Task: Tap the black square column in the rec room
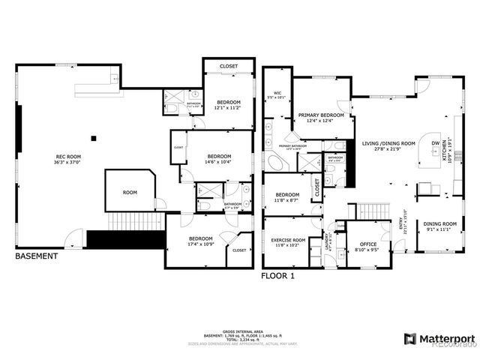[94, 137]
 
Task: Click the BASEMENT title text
[37, 256]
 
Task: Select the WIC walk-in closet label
[277, 94]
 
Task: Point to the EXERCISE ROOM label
[286, 241]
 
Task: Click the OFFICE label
[367, 245]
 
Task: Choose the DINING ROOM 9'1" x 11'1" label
[440, 226]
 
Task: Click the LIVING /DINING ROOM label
[388, 145]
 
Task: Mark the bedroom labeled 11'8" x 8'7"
[287, 197]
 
